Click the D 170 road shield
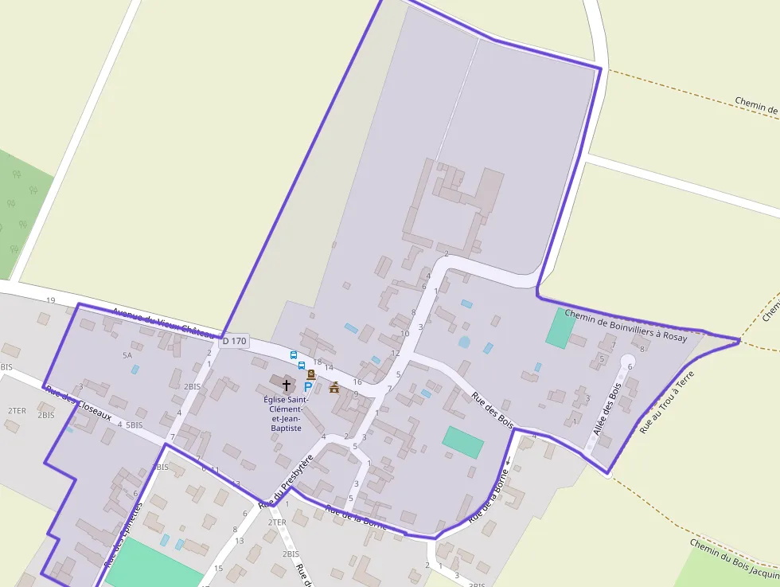[235, 341]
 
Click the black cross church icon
[287, 385]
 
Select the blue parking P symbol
[308, 386]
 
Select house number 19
[51, 300]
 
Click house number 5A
[127, 355]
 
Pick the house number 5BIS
[134, 425]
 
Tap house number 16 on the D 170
[357, 382]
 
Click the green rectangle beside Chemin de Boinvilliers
[559, 327]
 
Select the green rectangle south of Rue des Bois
[462, 442]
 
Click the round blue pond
[464, 342]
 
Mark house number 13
[239, 541]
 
